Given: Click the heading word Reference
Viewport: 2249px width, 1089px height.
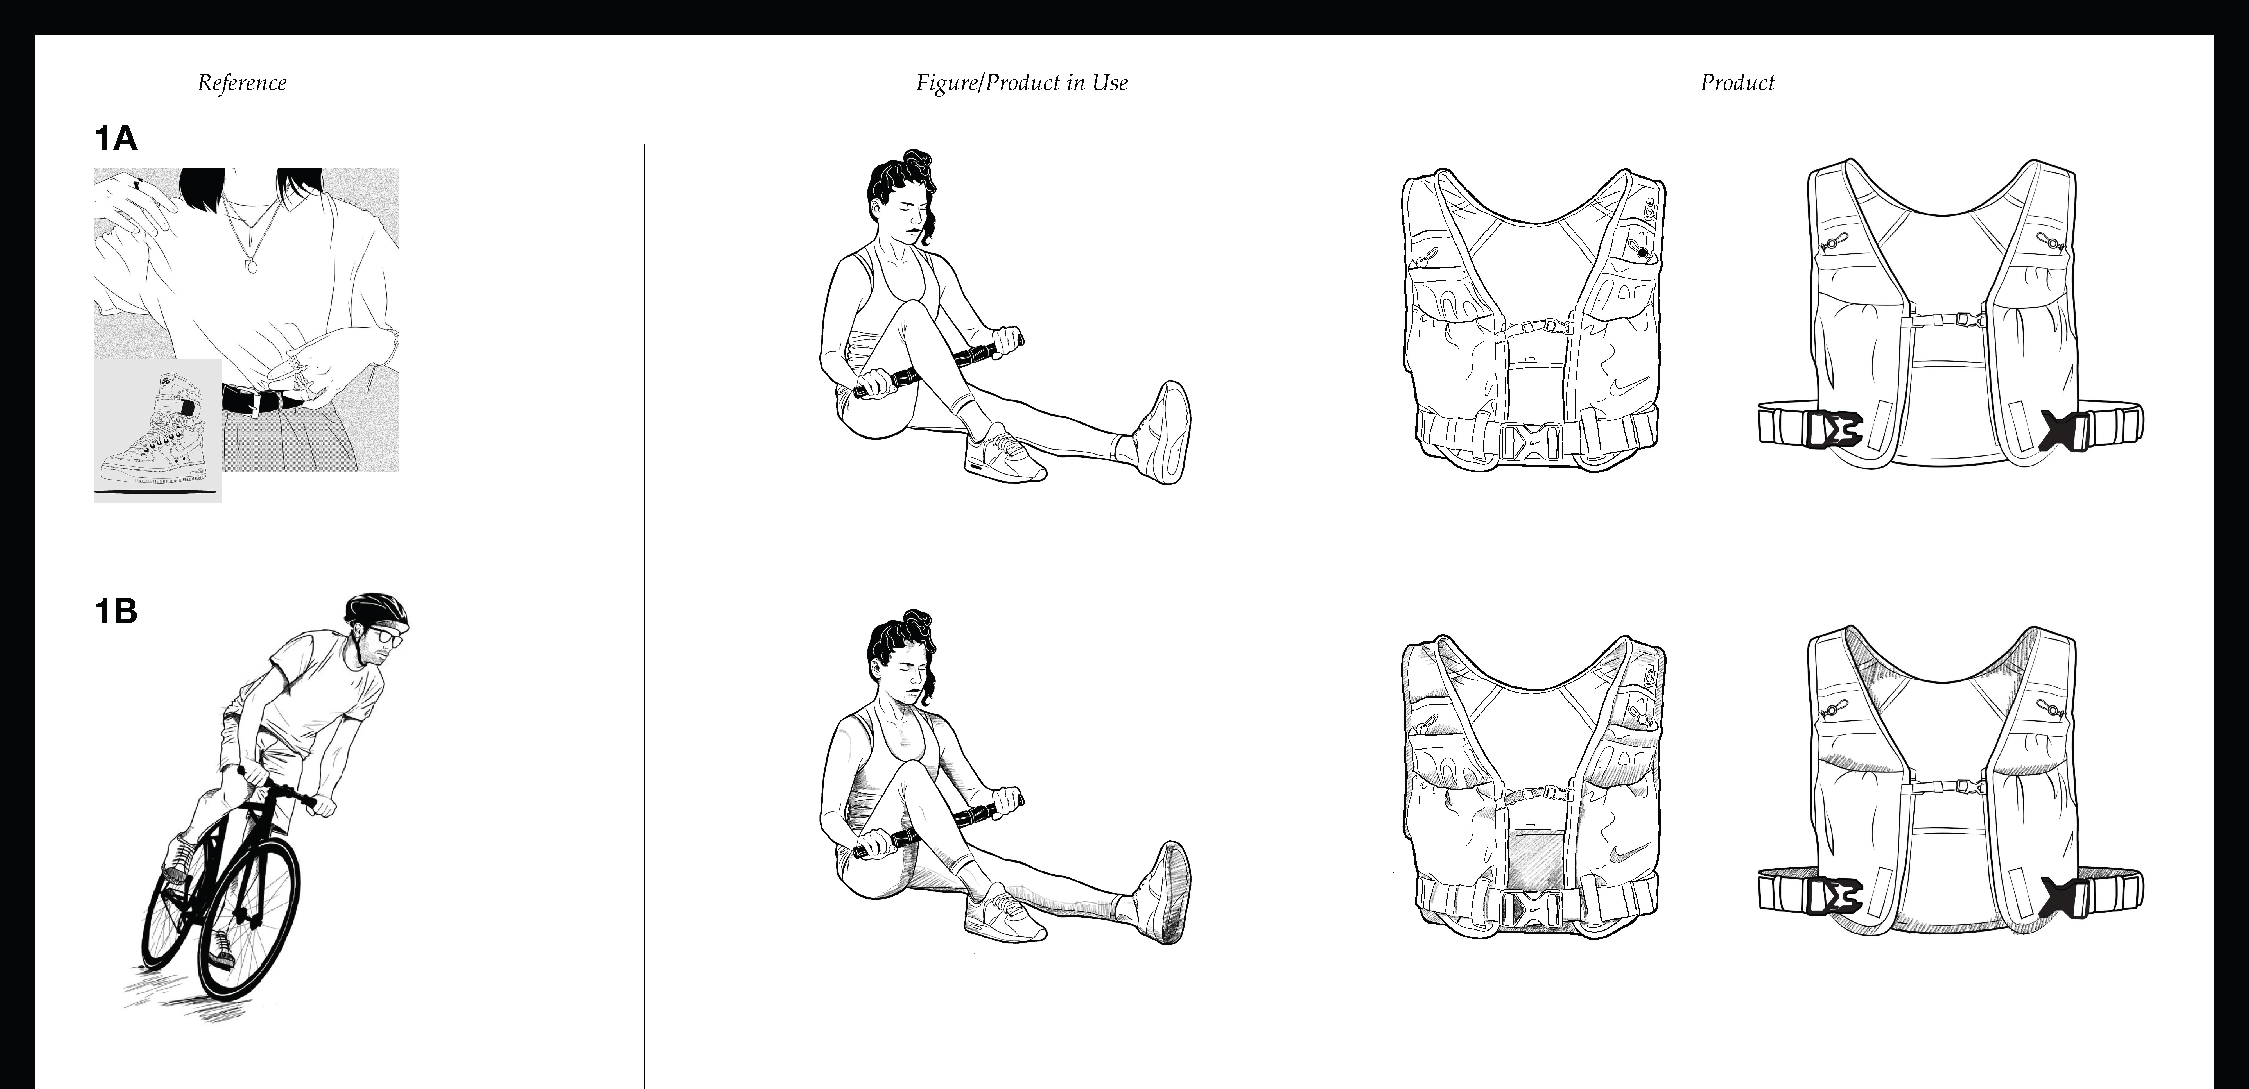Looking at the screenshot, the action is point(242,83).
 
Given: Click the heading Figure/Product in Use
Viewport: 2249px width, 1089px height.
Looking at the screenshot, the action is point(1021,83).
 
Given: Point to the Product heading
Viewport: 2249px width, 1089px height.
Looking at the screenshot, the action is point(1737,83).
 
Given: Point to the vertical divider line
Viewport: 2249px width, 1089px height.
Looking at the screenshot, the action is point(644,616).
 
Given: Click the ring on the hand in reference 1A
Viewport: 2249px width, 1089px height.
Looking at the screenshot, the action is point(137,184).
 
